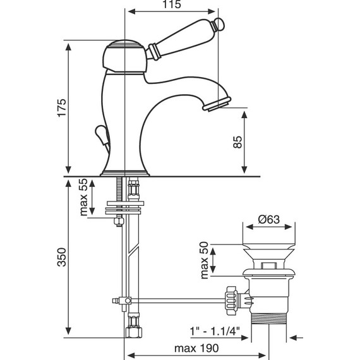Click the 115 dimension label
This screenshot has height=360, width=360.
(172, 4)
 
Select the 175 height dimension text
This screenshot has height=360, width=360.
(62, 108)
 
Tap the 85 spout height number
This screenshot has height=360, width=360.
(237, 142)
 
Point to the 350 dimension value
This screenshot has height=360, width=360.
(62, 257)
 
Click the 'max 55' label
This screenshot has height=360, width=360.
(83, 197)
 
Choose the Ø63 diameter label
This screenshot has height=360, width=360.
(269, 219)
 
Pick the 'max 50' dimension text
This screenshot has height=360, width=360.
(205, 260)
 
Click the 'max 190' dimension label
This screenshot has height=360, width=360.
(196, 348)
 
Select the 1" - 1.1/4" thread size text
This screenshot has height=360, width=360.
(215, 332)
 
